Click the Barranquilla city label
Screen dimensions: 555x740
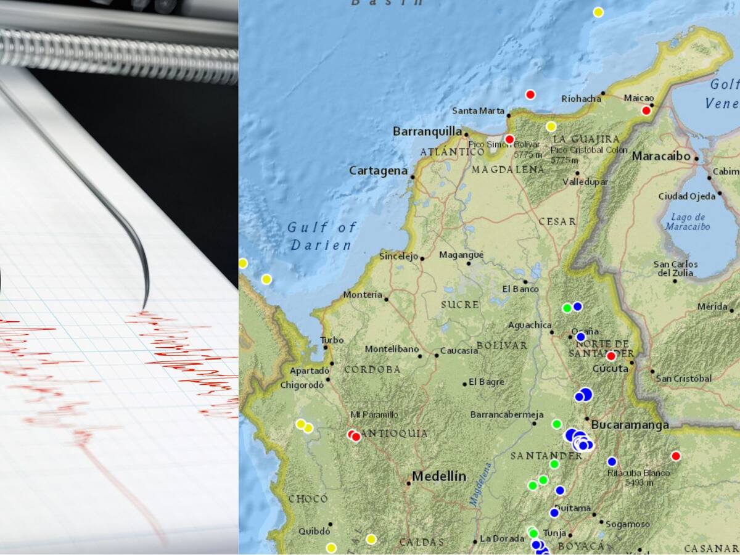click(x=427, y=131)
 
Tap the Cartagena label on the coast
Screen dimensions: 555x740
click(x=379, y=171)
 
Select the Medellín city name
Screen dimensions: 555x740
click(x=439, y=476)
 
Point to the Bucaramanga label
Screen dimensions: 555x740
click(x=630, y=425)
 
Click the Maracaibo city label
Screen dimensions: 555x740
click(x=661, y=156)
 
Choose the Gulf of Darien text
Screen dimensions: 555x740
click(x=322, y=236)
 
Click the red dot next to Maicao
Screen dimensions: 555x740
click(x=646, y=110)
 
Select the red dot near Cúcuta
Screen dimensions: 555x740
click(x=611, y=356)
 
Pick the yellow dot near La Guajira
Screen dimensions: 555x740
click(x=551, y=126)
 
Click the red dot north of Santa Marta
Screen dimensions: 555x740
click(x=530, y=94)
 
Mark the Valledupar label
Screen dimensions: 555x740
click(x=585, y=182)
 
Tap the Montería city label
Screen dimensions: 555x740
click(x=363, y=295)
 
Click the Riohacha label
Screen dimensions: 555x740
click(x=581, y=99)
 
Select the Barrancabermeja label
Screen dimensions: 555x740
click(x=507, y=414)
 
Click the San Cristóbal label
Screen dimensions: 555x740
click(x=683, y=378)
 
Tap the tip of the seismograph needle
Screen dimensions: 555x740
click(x=146, y=306)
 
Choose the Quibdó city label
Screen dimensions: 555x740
click(x=314, y=531)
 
